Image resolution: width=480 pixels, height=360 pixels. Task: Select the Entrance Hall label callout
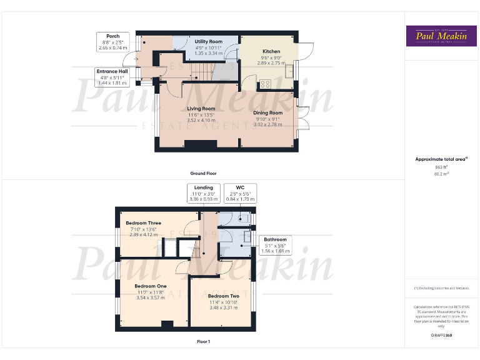click(x=112, y=77)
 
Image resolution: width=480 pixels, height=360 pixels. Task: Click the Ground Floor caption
click(x=203, y=173)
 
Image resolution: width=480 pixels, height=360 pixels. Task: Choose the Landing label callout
click(x=203, y=193)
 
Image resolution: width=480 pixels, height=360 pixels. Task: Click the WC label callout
click(x=240, y=193)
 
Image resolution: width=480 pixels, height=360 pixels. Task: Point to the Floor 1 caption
click(x=203, y=342)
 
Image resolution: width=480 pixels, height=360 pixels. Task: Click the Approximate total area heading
click(x=441, y=159)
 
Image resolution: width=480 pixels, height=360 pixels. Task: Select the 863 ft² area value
click(x=441, y=167)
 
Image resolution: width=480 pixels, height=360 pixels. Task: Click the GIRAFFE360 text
click(x=441, y=336)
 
